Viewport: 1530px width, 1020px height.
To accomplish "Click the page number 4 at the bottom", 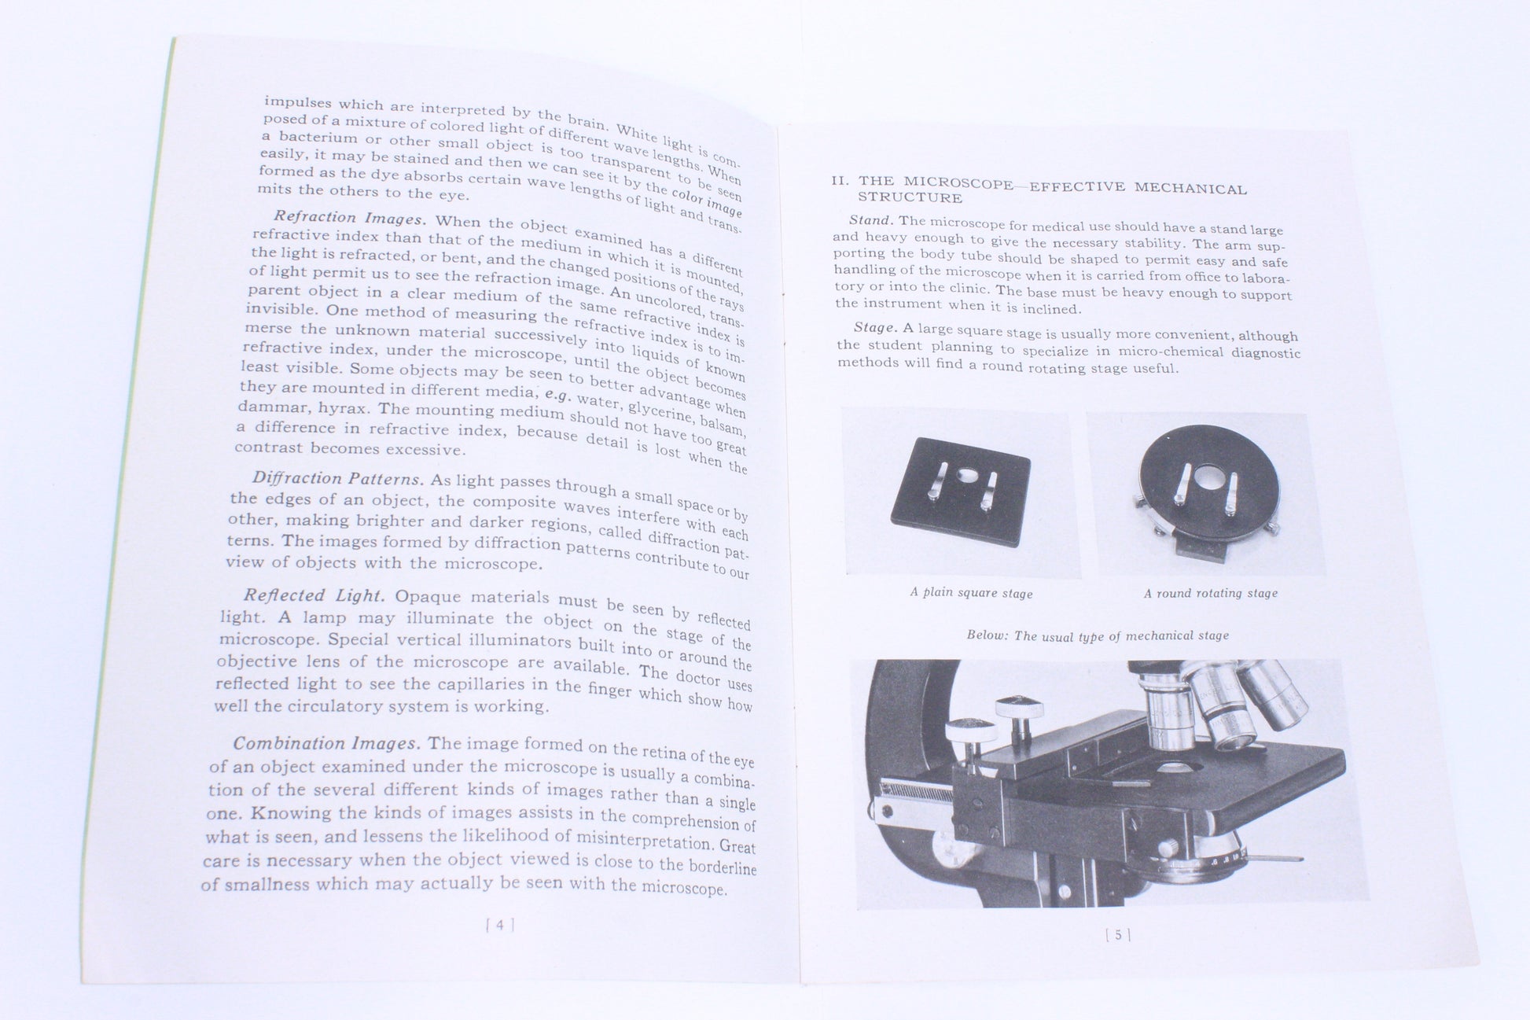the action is pos(500,925).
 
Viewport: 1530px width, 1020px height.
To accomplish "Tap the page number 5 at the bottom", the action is pos(1118,935).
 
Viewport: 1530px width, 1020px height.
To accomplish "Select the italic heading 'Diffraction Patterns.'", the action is pos(338,479).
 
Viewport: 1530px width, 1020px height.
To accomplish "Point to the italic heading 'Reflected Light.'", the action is pos(314,596).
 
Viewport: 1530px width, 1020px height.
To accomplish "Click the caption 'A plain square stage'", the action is pos(971,593).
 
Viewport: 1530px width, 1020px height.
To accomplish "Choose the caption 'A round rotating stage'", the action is pos(1210,593).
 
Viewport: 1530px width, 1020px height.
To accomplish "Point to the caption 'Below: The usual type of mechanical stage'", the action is pos(1098,635).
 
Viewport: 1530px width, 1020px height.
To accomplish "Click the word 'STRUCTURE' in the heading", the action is pos(910,198).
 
